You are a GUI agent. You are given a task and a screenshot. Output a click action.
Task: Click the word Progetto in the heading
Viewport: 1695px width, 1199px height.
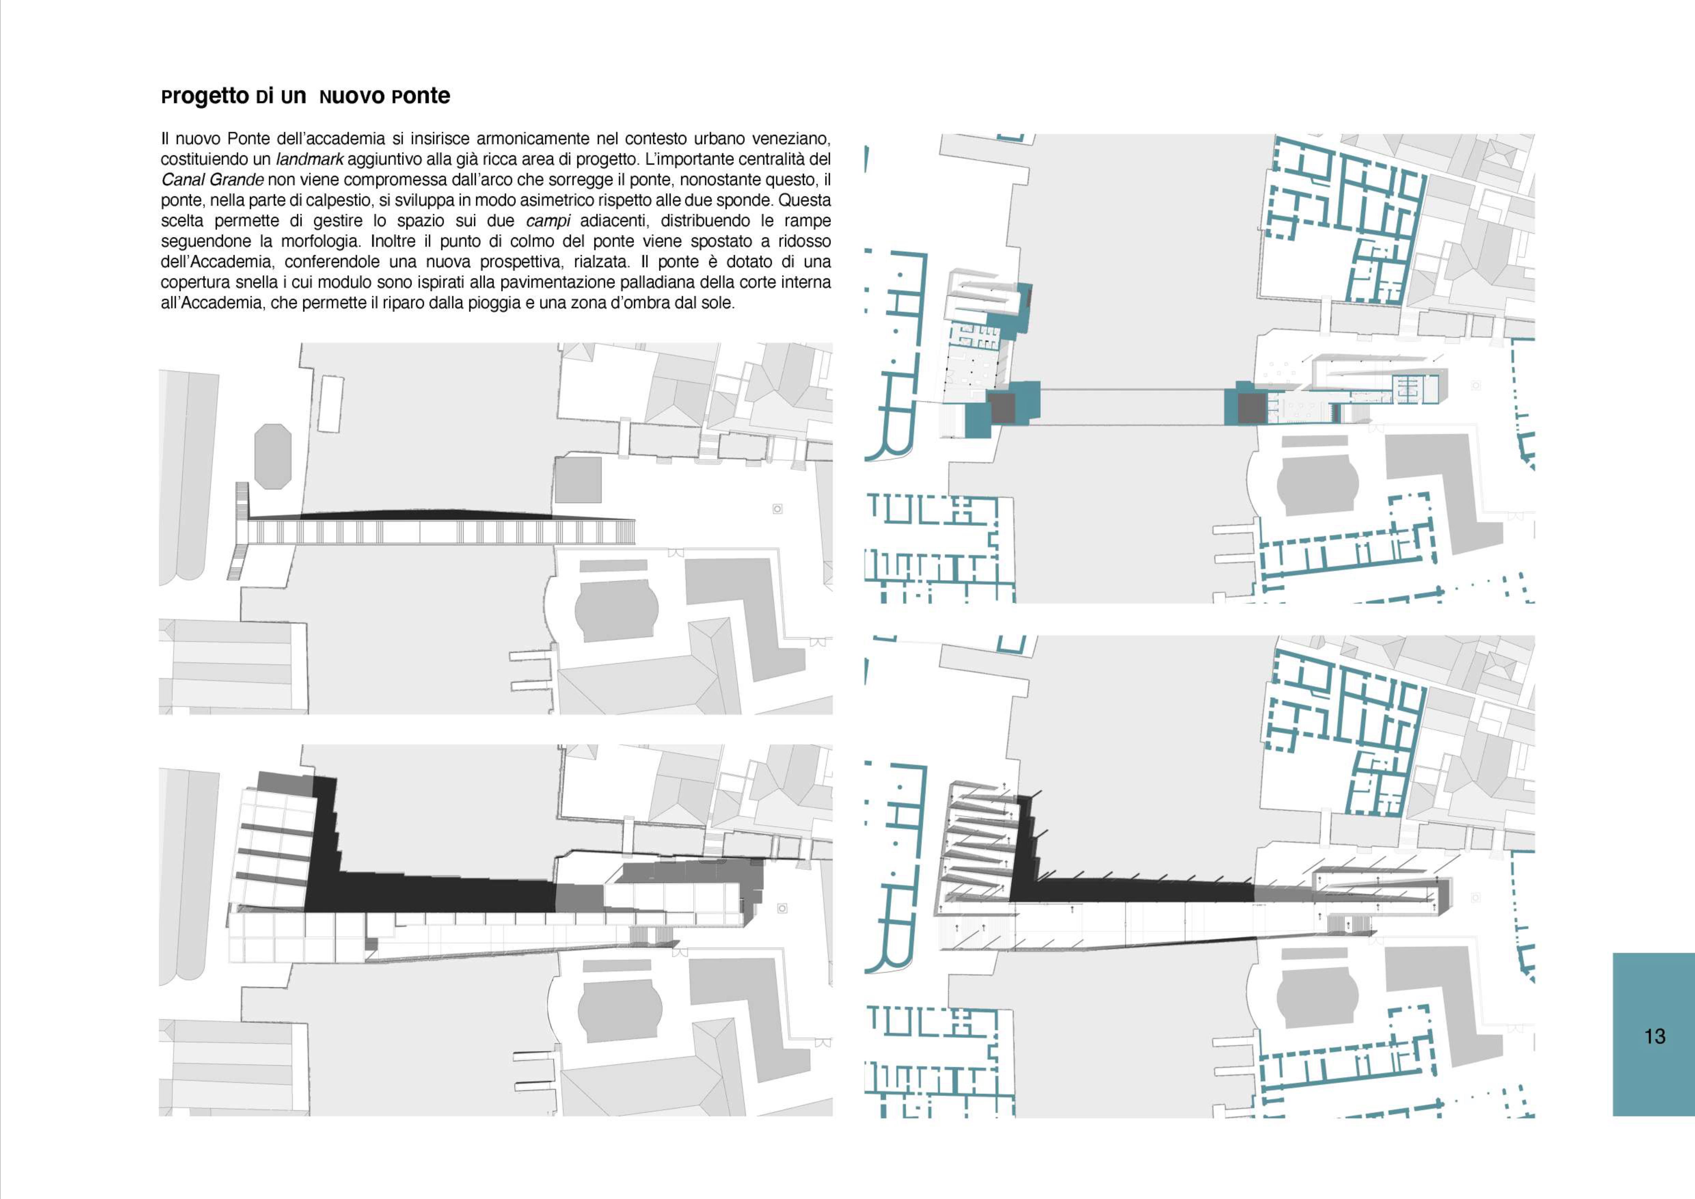coord(204,97)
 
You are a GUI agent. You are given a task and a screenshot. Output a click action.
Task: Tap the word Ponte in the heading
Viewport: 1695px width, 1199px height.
coord(421,97)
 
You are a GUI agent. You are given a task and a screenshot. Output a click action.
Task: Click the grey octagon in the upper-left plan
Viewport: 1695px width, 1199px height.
coord(272,456)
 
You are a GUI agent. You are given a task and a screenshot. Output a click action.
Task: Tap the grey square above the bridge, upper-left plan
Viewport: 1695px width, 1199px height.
coord(578,480)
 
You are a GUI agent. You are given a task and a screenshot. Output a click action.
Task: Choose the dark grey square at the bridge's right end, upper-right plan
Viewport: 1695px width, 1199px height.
coord(1250,407)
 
